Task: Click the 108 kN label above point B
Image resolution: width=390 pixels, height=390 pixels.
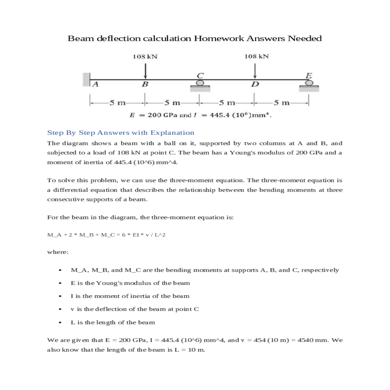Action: [145, 57]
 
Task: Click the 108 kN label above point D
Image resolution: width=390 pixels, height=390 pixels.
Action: [256, 56]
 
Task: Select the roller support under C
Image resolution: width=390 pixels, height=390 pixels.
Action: [200, 85]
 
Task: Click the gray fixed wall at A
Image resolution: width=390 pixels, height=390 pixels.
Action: [86, 80]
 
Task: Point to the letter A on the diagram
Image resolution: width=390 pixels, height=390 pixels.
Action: [95, 84]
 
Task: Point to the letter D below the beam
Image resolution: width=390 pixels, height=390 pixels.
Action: [255, 84]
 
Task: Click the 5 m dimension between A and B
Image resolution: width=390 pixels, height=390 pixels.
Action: [117, 103]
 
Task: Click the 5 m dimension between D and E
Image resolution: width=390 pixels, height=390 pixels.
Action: [281, 103]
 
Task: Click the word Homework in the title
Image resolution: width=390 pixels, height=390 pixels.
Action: [219, 38]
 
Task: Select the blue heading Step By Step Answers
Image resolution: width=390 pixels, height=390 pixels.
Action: [121, 133]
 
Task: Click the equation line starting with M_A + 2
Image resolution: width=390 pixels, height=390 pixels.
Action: [106, 235]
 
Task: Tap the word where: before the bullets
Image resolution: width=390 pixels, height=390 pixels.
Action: [58, 252]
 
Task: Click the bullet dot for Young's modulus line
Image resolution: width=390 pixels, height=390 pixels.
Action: [60, 283]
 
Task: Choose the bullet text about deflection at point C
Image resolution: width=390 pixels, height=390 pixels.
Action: [135, 309]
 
